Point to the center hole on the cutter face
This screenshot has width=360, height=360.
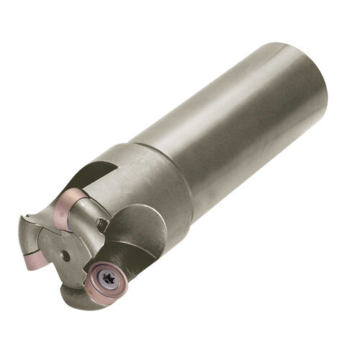66,255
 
